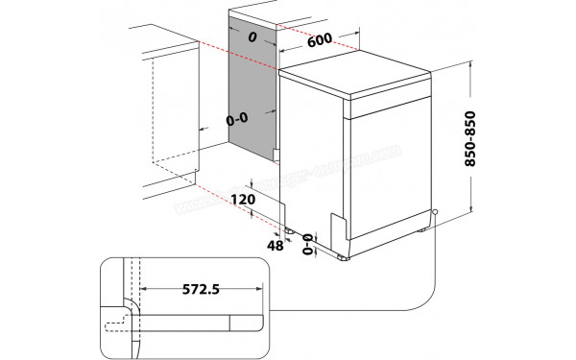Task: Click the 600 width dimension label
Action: (x=321, y=42)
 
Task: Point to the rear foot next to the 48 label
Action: (x=288, y=230)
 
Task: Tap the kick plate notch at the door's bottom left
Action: (x=337, y=226)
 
